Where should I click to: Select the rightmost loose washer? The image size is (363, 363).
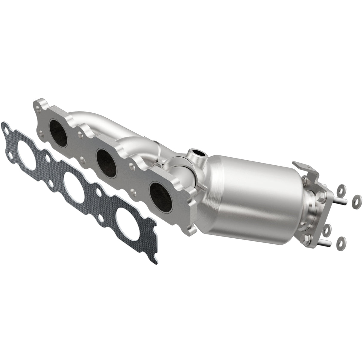[x=356, y=199]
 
